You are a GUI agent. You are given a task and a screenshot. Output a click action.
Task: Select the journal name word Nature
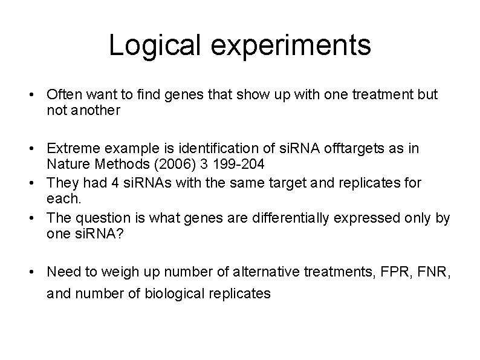(66, 165)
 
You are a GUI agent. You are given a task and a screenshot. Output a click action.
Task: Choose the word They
(63, 183)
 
